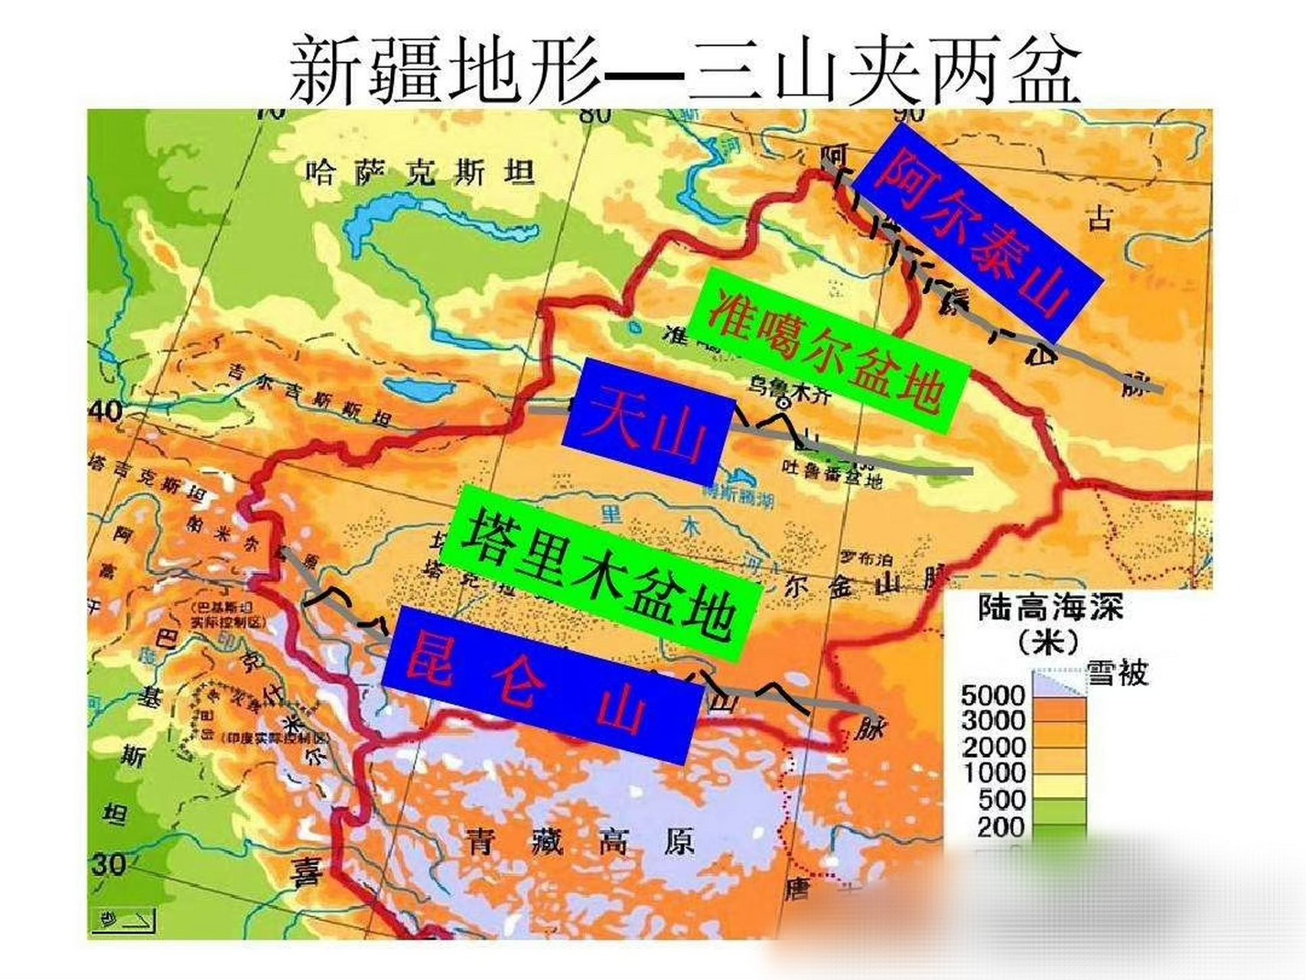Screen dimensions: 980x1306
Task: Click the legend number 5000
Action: click(x=992, y=695)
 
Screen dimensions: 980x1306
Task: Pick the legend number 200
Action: click(x=1000, y=827)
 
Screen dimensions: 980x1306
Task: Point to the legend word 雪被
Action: click(x=1117, y=674)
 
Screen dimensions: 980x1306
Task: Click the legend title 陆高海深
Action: click(x=1050, y=609)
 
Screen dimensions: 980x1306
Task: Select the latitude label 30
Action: click(x=108, y=864)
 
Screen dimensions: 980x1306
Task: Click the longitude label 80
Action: click(x=594, y=115)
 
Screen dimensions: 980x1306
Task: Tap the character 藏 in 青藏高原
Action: click(x=546, y=843)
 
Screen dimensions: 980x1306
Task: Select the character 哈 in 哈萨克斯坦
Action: click(x=320, y=172)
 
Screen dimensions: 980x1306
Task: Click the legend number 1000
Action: click(x=992, y=773)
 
